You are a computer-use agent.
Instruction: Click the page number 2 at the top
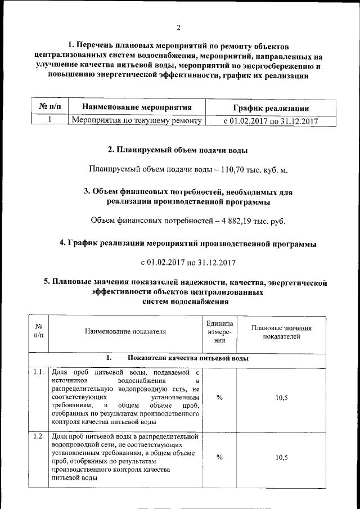[178, 28]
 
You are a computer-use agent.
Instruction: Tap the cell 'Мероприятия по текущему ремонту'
[137, 120]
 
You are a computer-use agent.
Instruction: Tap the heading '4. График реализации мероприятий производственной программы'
[188, 244]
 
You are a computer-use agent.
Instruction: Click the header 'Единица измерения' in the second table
[219, 331]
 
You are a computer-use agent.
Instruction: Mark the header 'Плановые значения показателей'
[281, 331]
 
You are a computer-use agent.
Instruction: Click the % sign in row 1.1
[219, 397]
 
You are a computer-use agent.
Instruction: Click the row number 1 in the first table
[49, 120]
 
